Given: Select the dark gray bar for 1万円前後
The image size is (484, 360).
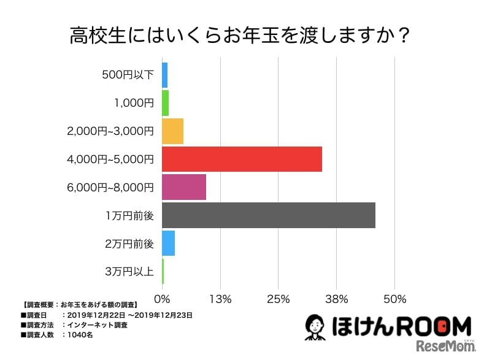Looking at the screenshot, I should [269, 215].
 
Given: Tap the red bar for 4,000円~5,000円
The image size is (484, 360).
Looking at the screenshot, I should [242, 159].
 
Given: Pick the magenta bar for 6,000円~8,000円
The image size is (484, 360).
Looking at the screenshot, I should [184, 187].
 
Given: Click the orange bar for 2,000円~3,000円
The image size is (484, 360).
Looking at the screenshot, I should [172, 131].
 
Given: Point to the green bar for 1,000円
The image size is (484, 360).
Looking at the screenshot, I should [165, 102].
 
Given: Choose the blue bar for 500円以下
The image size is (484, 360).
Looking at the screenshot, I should [164, 75].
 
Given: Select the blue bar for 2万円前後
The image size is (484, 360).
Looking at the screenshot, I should [168, 243].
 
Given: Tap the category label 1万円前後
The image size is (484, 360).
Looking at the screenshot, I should [129, 216].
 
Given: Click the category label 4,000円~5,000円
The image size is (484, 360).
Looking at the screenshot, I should [110, 159].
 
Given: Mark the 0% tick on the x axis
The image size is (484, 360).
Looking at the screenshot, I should [162, 299].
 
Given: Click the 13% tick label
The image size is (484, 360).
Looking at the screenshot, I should [220, 299].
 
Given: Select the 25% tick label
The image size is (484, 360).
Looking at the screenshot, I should [278, 299].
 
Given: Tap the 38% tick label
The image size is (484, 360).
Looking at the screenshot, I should [337, 299].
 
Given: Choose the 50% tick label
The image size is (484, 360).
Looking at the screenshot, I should [395, 299].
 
